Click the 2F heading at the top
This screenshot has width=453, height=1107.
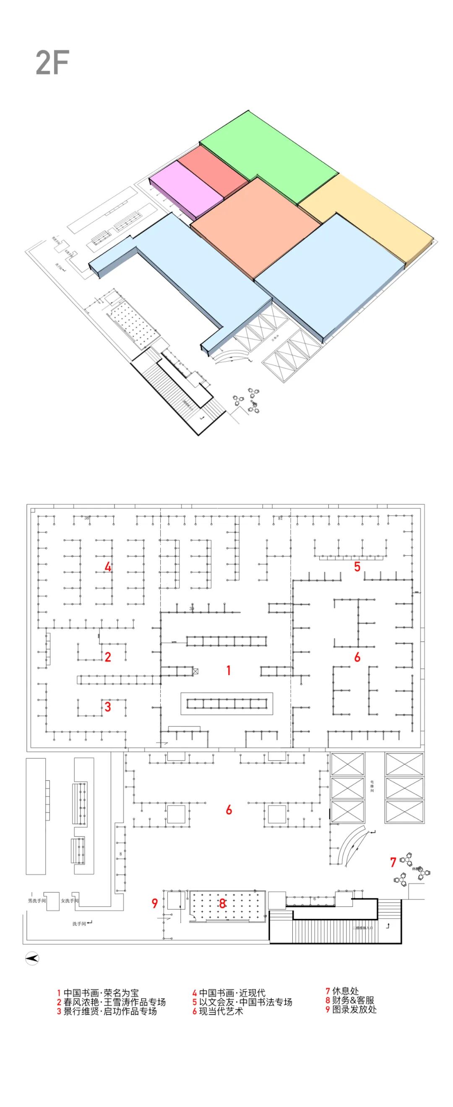tap(52, 63)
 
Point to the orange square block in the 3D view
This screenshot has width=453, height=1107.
tap(255, 226)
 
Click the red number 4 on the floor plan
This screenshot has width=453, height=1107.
tap(108, 567)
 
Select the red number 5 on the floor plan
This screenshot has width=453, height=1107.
tap(357, 567)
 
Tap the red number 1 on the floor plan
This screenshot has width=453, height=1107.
tap(229, 670)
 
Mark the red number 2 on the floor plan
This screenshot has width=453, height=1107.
tap(108, 657)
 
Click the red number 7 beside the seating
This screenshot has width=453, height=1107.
tap(393, 862)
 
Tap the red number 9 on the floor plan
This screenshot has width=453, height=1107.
tap(155, 903)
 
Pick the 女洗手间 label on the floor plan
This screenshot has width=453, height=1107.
tap(70, 901)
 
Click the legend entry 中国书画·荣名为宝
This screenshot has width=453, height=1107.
tap(98, 993)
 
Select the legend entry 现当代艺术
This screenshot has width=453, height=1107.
tap(218, 1011)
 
